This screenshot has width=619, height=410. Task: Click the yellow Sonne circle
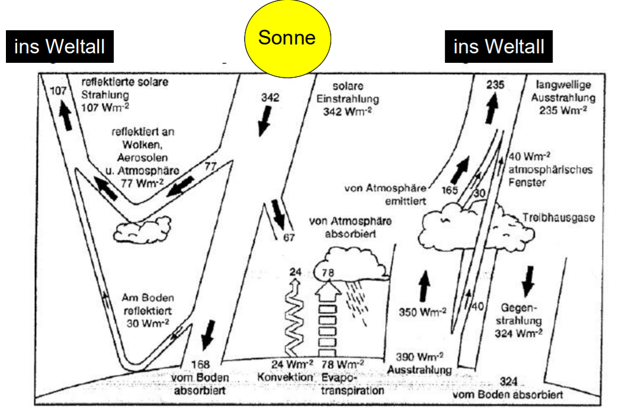coord(287,39)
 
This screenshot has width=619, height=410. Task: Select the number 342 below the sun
coord(270,98)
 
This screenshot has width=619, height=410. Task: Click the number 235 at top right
coord(495,85)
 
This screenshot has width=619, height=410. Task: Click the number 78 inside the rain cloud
coord(327,273)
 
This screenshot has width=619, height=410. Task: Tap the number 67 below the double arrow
coord(288,238)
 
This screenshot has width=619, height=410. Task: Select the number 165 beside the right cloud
coord(451,191)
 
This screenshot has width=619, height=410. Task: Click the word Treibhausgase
coord(558,218)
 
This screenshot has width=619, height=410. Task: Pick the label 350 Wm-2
coord(422,312)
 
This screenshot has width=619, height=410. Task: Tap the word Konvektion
coord(284,377)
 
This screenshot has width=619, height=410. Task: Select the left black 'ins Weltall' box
coord(59,47)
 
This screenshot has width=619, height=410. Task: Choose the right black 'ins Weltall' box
coord(498,47)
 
